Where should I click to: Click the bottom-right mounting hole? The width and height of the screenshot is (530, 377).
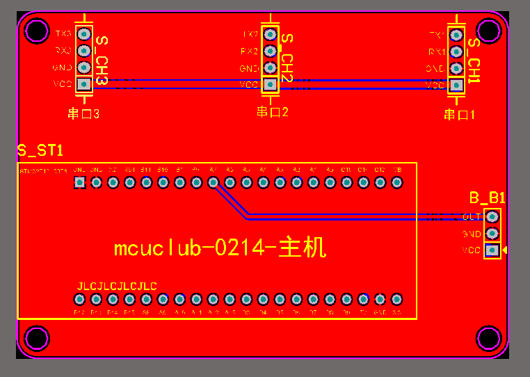click(489, 338)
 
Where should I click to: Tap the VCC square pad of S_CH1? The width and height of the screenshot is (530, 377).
click(456, 85)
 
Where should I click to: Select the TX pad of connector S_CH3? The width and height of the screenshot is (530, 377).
click(84, 33)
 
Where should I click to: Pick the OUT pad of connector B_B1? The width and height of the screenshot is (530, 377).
click(492, 217)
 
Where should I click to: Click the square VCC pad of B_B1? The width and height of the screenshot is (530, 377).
click(492, 250)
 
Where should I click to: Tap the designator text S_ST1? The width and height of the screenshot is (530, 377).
click(40, 151)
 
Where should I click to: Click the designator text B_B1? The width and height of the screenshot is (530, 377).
click(487, 198)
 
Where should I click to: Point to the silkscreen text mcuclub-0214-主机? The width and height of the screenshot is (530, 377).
click(219, 248)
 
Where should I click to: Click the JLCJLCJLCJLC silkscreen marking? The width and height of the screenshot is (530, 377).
click(117, 286)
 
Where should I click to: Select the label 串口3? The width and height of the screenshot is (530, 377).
click(83, 113)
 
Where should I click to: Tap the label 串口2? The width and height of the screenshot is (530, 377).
click(272, 112)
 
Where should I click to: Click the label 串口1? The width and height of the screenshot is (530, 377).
click(459, 115)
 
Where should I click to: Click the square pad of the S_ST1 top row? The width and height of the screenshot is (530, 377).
click(79, 182)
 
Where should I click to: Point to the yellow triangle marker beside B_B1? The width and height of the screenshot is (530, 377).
click(505, 250)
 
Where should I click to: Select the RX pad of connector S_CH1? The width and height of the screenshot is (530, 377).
click(456, 51)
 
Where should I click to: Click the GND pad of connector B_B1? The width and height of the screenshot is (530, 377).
click(492, 234)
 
